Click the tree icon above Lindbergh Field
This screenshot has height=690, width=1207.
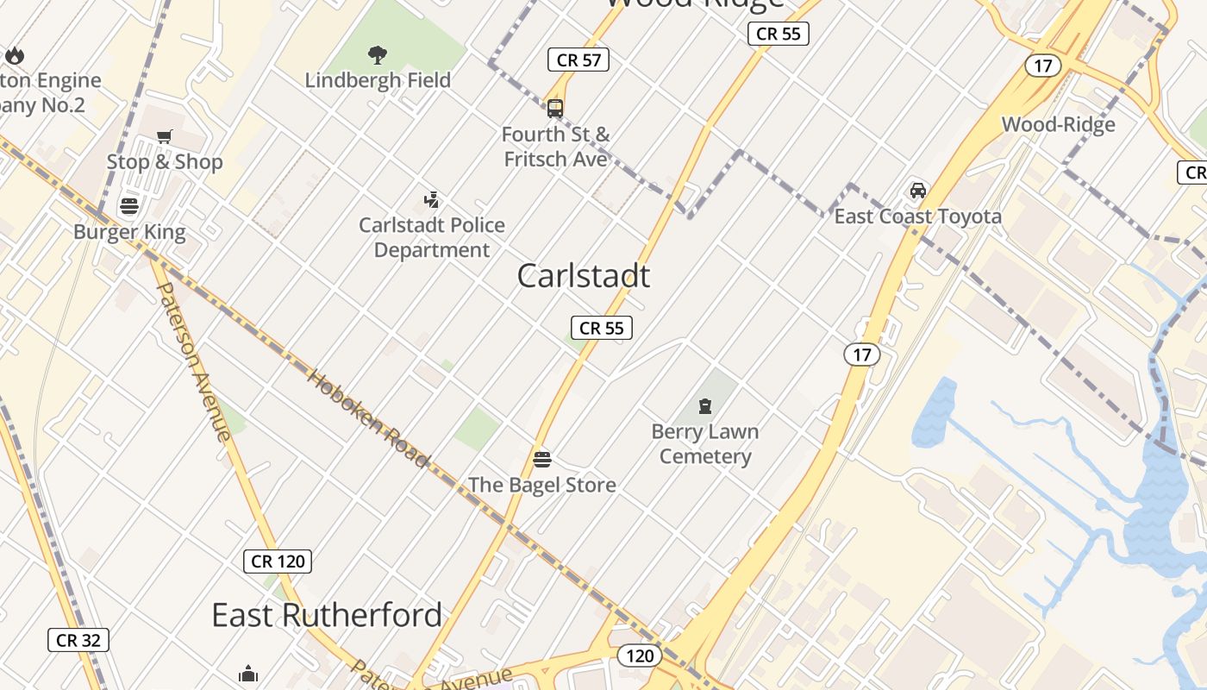coord(377,56)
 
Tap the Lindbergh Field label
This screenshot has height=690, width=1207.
coord(378,80)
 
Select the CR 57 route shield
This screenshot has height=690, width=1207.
coord(578,60)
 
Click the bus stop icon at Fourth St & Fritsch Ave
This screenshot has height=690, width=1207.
coord(555,109)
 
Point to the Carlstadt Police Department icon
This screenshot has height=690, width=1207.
coord(431,200)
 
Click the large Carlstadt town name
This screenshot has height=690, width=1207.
coord(584,276)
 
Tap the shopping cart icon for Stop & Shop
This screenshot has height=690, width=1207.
coord(165,136)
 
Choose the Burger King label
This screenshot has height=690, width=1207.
coord(129,232)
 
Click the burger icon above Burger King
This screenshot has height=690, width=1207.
coord(129,206)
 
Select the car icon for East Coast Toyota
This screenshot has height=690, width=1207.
coord(918,191)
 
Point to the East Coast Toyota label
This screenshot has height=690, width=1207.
coord(918,216)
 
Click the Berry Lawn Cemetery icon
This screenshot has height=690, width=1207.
coord(705,406)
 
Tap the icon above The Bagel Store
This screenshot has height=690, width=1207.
coord(542,459)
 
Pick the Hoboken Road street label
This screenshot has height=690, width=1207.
coord(367,419)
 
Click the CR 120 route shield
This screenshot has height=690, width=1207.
coord(278,561)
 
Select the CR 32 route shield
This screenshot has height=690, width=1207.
coord(78,640)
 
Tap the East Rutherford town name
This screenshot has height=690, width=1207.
coord(327,616)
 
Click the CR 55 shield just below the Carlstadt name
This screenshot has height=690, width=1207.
coord(602,328)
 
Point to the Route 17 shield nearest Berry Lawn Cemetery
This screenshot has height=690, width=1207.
coord(862,354)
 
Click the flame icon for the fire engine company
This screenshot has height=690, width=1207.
coord(15,56)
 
